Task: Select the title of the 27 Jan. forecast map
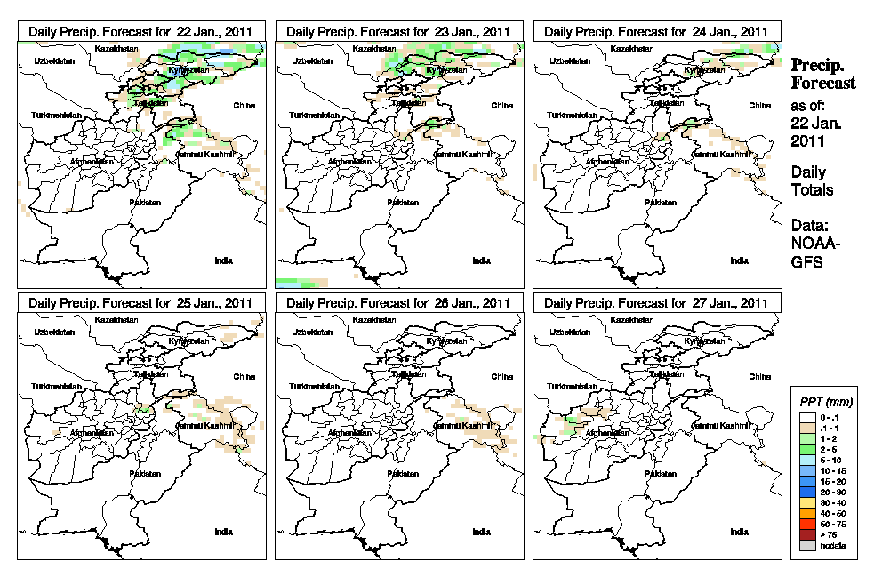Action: click(x=656, y=303)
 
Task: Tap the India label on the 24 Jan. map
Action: click(x=739, y=260)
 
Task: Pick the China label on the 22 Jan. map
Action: click(x=244, y=105)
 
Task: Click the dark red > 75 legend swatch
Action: click(x=807, y=534)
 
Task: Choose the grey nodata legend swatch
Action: click(x=807, y=544)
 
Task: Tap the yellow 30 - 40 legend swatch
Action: click(x=807, y=503)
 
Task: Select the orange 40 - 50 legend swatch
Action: click(x=807, y=514)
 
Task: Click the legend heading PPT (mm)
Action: click(x=823, y=402)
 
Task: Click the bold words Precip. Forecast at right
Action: click(x=823, y=74)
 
